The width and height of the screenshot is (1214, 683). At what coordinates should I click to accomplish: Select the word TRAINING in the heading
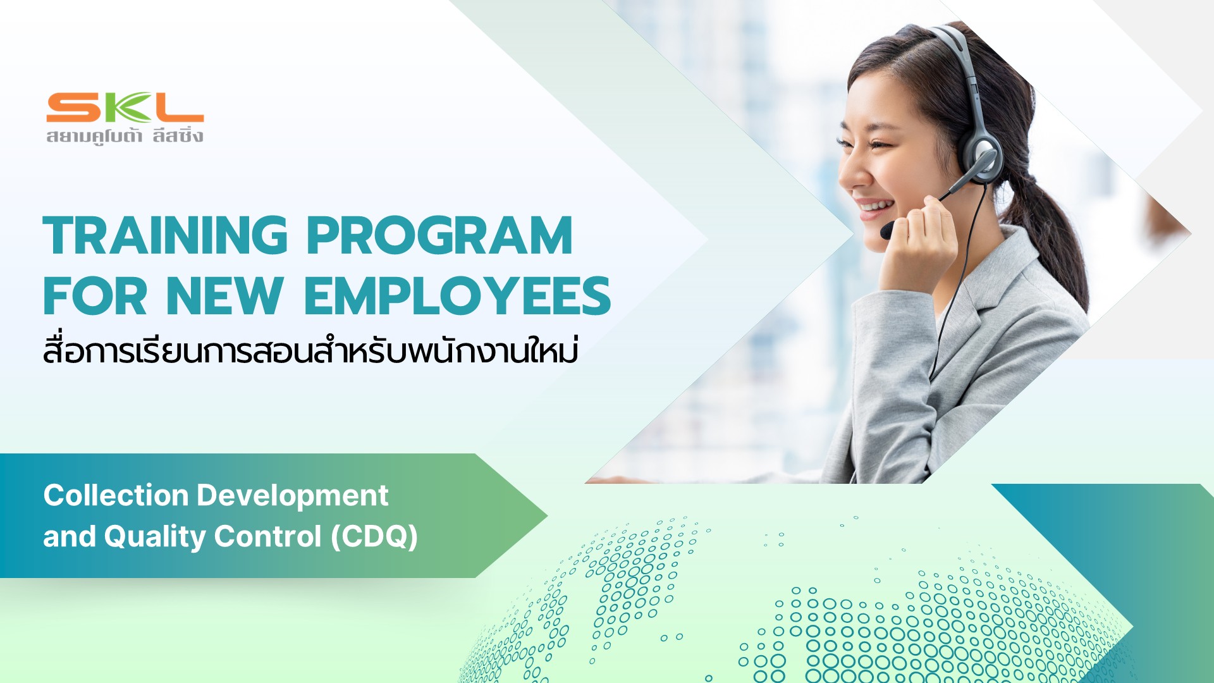coord(166,235)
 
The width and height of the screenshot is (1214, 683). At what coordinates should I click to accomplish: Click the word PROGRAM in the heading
coord(440,235)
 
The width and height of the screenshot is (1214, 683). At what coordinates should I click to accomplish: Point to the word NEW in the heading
coord(224,295)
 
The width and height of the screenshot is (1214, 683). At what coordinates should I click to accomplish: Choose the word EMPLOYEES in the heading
coord(458,295)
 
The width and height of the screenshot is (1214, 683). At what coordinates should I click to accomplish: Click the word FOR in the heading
coord(95,295)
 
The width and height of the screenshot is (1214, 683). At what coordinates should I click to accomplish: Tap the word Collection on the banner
coord(116,495)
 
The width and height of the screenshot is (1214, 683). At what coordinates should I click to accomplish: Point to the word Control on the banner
coord(268,536)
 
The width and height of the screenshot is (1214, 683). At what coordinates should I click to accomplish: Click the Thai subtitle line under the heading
coord(310,349)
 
